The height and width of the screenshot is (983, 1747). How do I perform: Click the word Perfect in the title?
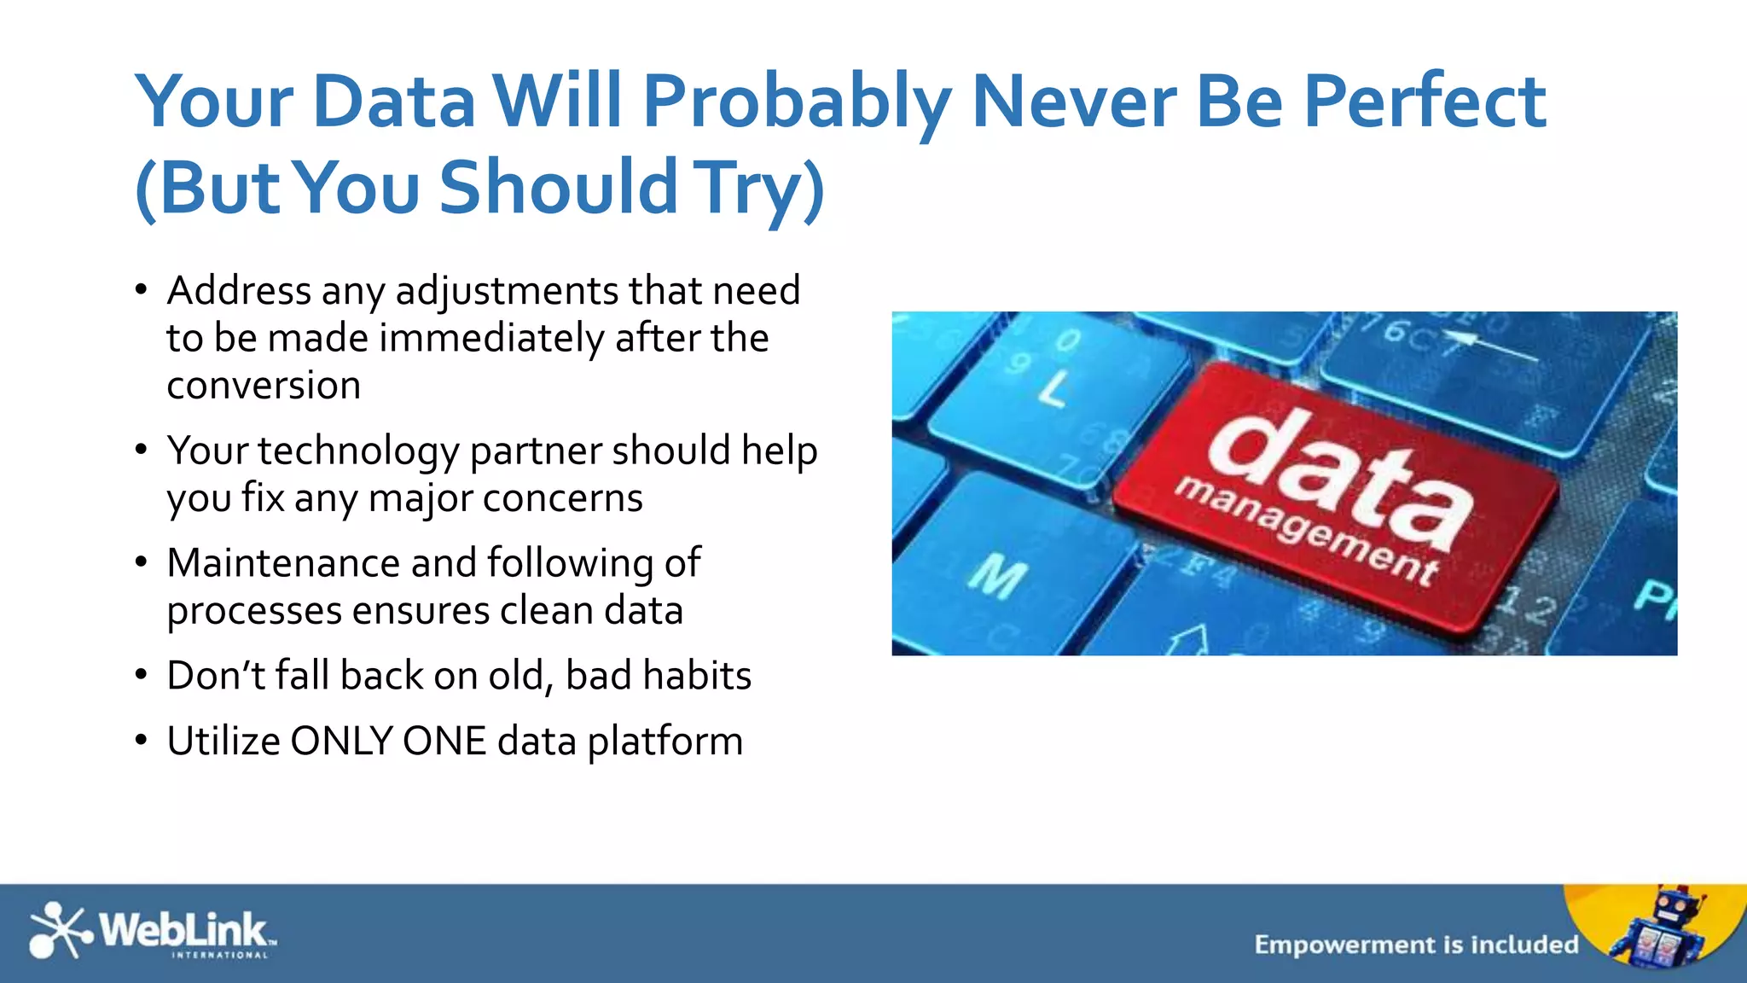point(1424,102)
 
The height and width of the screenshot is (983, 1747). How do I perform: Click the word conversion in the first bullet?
point(264,386)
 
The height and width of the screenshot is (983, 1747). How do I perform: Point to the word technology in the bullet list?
point(358,452)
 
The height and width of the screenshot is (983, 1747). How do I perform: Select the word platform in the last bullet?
point(665,742)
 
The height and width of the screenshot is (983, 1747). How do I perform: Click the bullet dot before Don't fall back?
point(142,675)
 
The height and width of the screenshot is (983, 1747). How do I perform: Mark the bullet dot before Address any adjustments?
point(142,290)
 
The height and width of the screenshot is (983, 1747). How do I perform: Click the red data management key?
point(1335,499)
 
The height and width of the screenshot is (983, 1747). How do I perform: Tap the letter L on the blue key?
point(1054,389)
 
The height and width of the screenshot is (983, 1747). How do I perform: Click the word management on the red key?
point(1305,529)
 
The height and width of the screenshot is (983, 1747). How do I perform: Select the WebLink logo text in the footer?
point(183,929)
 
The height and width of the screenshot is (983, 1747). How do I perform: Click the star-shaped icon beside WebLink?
point(58,930)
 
